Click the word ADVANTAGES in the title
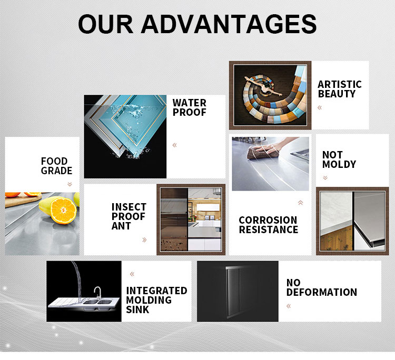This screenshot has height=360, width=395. [229, 24]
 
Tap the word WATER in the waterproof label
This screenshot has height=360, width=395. [190, 103]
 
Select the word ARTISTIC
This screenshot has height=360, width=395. [340, 84]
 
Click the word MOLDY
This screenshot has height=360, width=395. [339, 164]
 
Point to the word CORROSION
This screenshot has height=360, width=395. [268, 220]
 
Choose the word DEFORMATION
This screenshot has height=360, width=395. [322, 292]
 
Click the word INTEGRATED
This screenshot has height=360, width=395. [157, 291]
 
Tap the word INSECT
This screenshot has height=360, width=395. [129, 207]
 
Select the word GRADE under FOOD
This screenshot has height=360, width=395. [56, 171]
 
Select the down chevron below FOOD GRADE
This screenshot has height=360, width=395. [70, 184]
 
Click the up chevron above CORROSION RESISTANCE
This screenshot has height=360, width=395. [300, 203]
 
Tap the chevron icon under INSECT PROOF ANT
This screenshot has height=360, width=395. [144, 239]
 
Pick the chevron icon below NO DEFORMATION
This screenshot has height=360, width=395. [289, 306]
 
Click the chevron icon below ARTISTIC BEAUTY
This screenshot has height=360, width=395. [320, 108]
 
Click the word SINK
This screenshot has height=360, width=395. [137, 309]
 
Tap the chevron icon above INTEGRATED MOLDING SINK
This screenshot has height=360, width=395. [132, 274]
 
